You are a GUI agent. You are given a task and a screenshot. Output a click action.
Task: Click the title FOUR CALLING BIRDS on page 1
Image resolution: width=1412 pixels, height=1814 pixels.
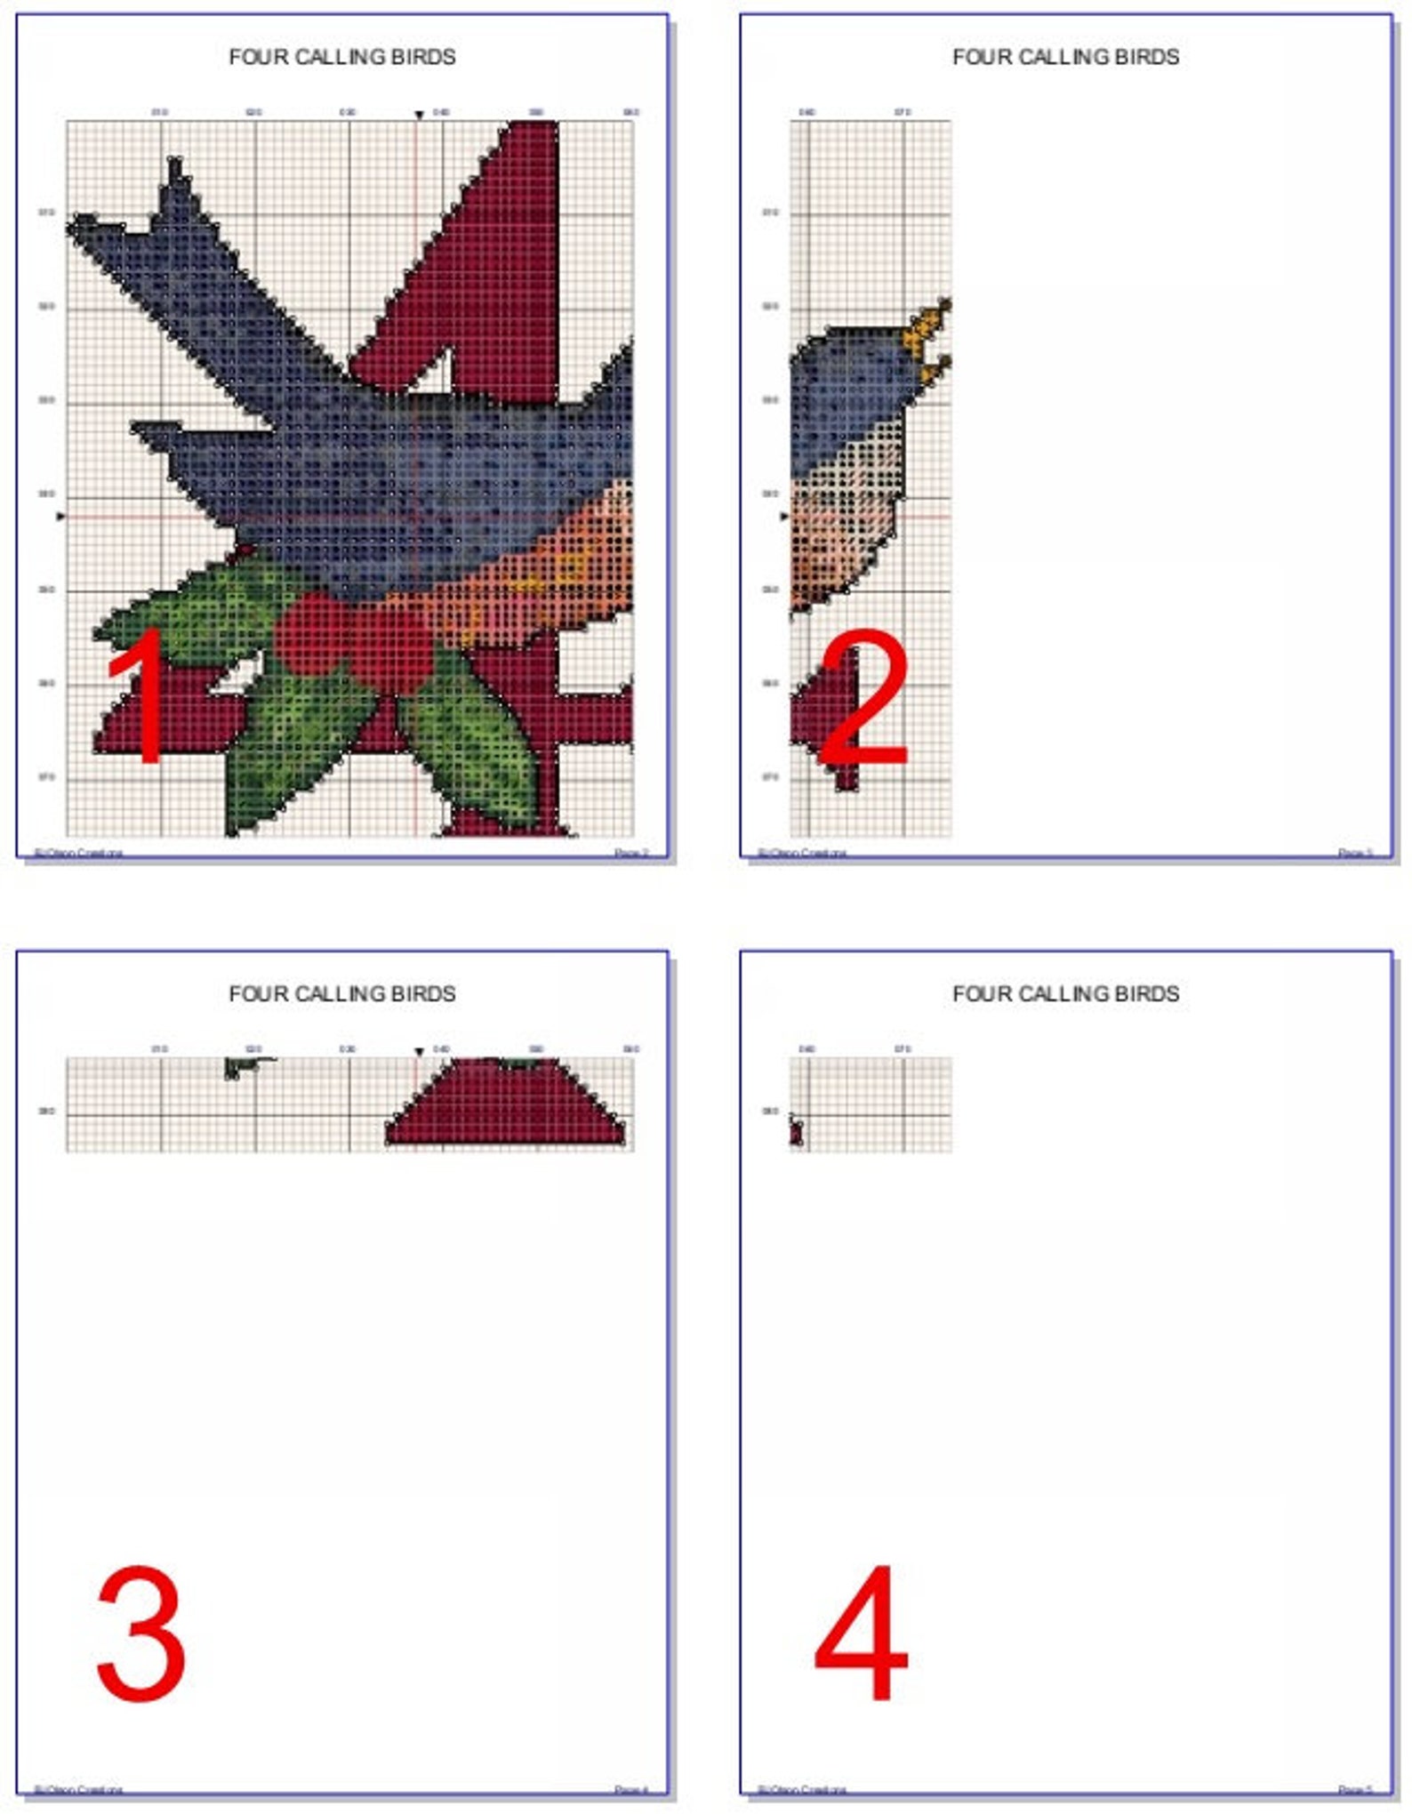coord(342,57)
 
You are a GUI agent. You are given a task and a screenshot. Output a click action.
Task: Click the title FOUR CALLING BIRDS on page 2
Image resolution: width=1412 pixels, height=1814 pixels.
coord(1065,57)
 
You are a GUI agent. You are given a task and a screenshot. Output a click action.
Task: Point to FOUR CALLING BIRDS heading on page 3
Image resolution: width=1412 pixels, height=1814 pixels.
coord(342,993)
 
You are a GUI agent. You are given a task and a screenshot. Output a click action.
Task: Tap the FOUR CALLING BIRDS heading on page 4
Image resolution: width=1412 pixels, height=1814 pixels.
coord(1065,993)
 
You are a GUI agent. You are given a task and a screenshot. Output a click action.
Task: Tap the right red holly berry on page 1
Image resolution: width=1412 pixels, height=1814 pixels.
coord(389,647)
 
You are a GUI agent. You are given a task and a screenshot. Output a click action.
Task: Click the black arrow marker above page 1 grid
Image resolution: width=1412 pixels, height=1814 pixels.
coord(419,116)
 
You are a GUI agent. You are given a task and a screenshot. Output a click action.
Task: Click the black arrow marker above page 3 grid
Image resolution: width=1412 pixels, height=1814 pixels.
coord(419,1052)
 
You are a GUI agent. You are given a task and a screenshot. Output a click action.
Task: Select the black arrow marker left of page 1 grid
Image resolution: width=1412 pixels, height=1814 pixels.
coord(60,516)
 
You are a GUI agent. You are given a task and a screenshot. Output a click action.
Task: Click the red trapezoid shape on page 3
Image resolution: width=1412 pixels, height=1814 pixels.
coord(505,1107)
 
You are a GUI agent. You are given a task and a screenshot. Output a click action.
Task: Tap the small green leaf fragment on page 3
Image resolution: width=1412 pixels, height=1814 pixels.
coord(240,1066)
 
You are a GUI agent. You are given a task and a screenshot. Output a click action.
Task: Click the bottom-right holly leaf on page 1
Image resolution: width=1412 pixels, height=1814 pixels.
coord(471,747)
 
